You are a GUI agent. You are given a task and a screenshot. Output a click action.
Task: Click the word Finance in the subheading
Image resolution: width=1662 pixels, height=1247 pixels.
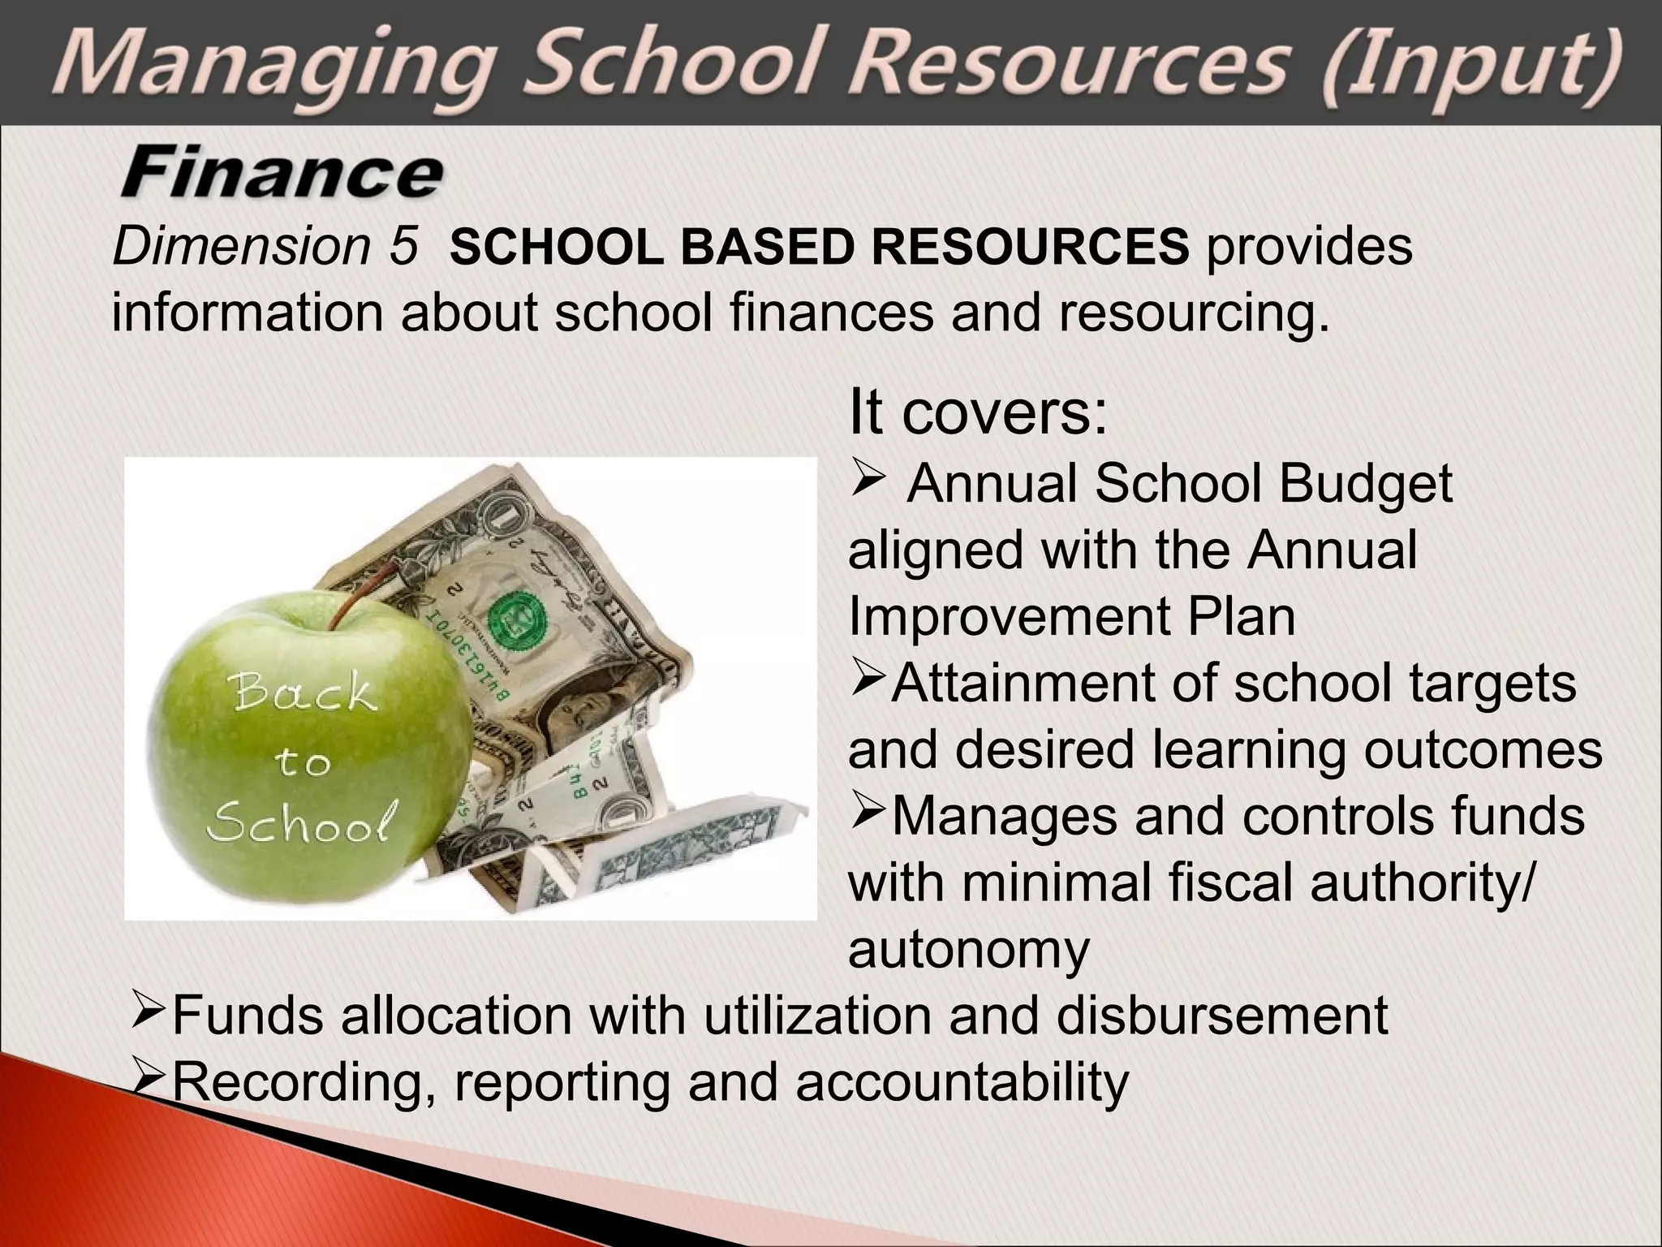pyautogui.click(x=282, y=175)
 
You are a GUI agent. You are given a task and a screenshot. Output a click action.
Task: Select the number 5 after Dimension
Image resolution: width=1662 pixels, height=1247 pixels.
pyautogui.click(x=403, y=245)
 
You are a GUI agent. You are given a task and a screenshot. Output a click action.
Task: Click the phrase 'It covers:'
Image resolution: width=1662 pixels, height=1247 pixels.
pyautogui.click(x=978, y=412)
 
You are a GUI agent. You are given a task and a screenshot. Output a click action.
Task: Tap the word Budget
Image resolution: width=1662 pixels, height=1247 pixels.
pyautogui.click(x=1365, y=484)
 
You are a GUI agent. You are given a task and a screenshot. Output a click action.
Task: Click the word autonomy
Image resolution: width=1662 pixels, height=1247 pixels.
pyautogui.click(x=969, y=948)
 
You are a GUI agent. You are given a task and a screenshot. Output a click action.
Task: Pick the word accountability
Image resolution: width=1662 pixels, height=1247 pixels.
pyautogui.click(x=962, y=1081)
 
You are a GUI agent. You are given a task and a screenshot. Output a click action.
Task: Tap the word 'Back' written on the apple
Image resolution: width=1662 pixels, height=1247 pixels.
pyautogui.click(x=304, y=694)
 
